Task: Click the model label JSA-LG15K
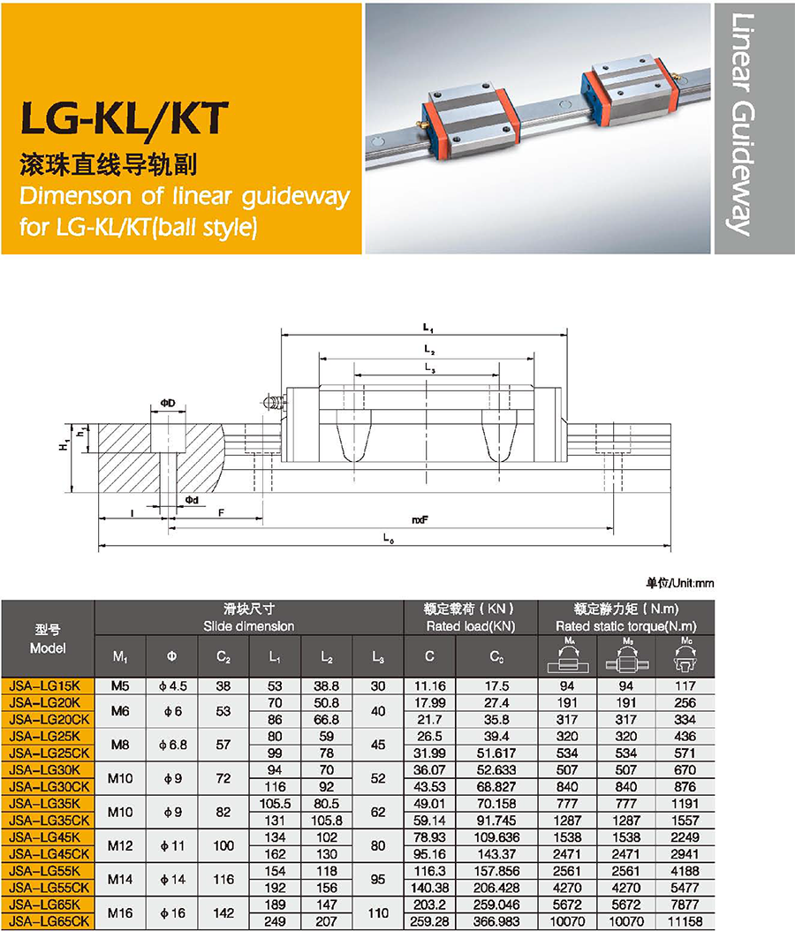45,685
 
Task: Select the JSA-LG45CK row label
49,854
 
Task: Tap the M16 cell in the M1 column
120,912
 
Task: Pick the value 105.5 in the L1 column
275,803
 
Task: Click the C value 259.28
430,921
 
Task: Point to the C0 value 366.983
496,921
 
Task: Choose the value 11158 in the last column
685,921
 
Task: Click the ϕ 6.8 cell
173,745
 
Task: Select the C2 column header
223,656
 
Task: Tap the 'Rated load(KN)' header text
471,625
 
